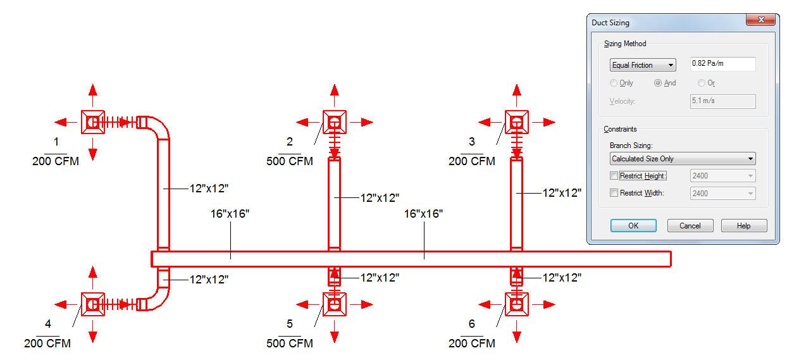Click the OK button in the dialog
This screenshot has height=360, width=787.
[x=633, y=225]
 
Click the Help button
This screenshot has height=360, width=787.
[x=744, y=225]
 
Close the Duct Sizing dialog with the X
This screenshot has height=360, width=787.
[x=760, y=20]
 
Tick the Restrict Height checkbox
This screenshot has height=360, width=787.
[x=614, y=176]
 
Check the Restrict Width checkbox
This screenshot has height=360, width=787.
[x=614, y=193]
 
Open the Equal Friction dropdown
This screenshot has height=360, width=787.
[x=643, y=65]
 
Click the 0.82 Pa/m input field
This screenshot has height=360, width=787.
[x=722, y=64]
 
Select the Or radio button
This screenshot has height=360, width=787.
[x=701, y=83]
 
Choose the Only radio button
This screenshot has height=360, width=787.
[x=614, y=83]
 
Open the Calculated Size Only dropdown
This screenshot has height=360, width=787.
[x=683, y=159]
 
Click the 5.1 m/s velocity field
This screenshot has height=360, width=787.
[x=722, y=101]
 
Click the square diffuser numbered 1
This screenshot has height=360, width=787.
[x=93, y=122]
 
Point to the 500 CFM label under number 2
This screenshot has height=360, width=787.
[x=290, y=161]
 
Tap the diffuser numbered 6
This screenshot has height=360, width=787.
[x=516, y=304]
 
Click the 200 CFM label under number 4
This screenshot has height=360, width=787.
[x=47, y=343]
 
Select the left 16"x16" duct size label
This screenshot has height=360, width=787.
[x=230, y=214]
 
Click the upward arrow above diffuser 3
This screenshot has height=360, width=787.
[x=516, y=95]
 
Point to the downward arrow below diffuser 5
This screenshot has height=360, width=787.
[x=335, y=332]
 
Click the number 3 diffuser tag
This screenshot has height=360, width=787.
[x=472, y=142]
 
